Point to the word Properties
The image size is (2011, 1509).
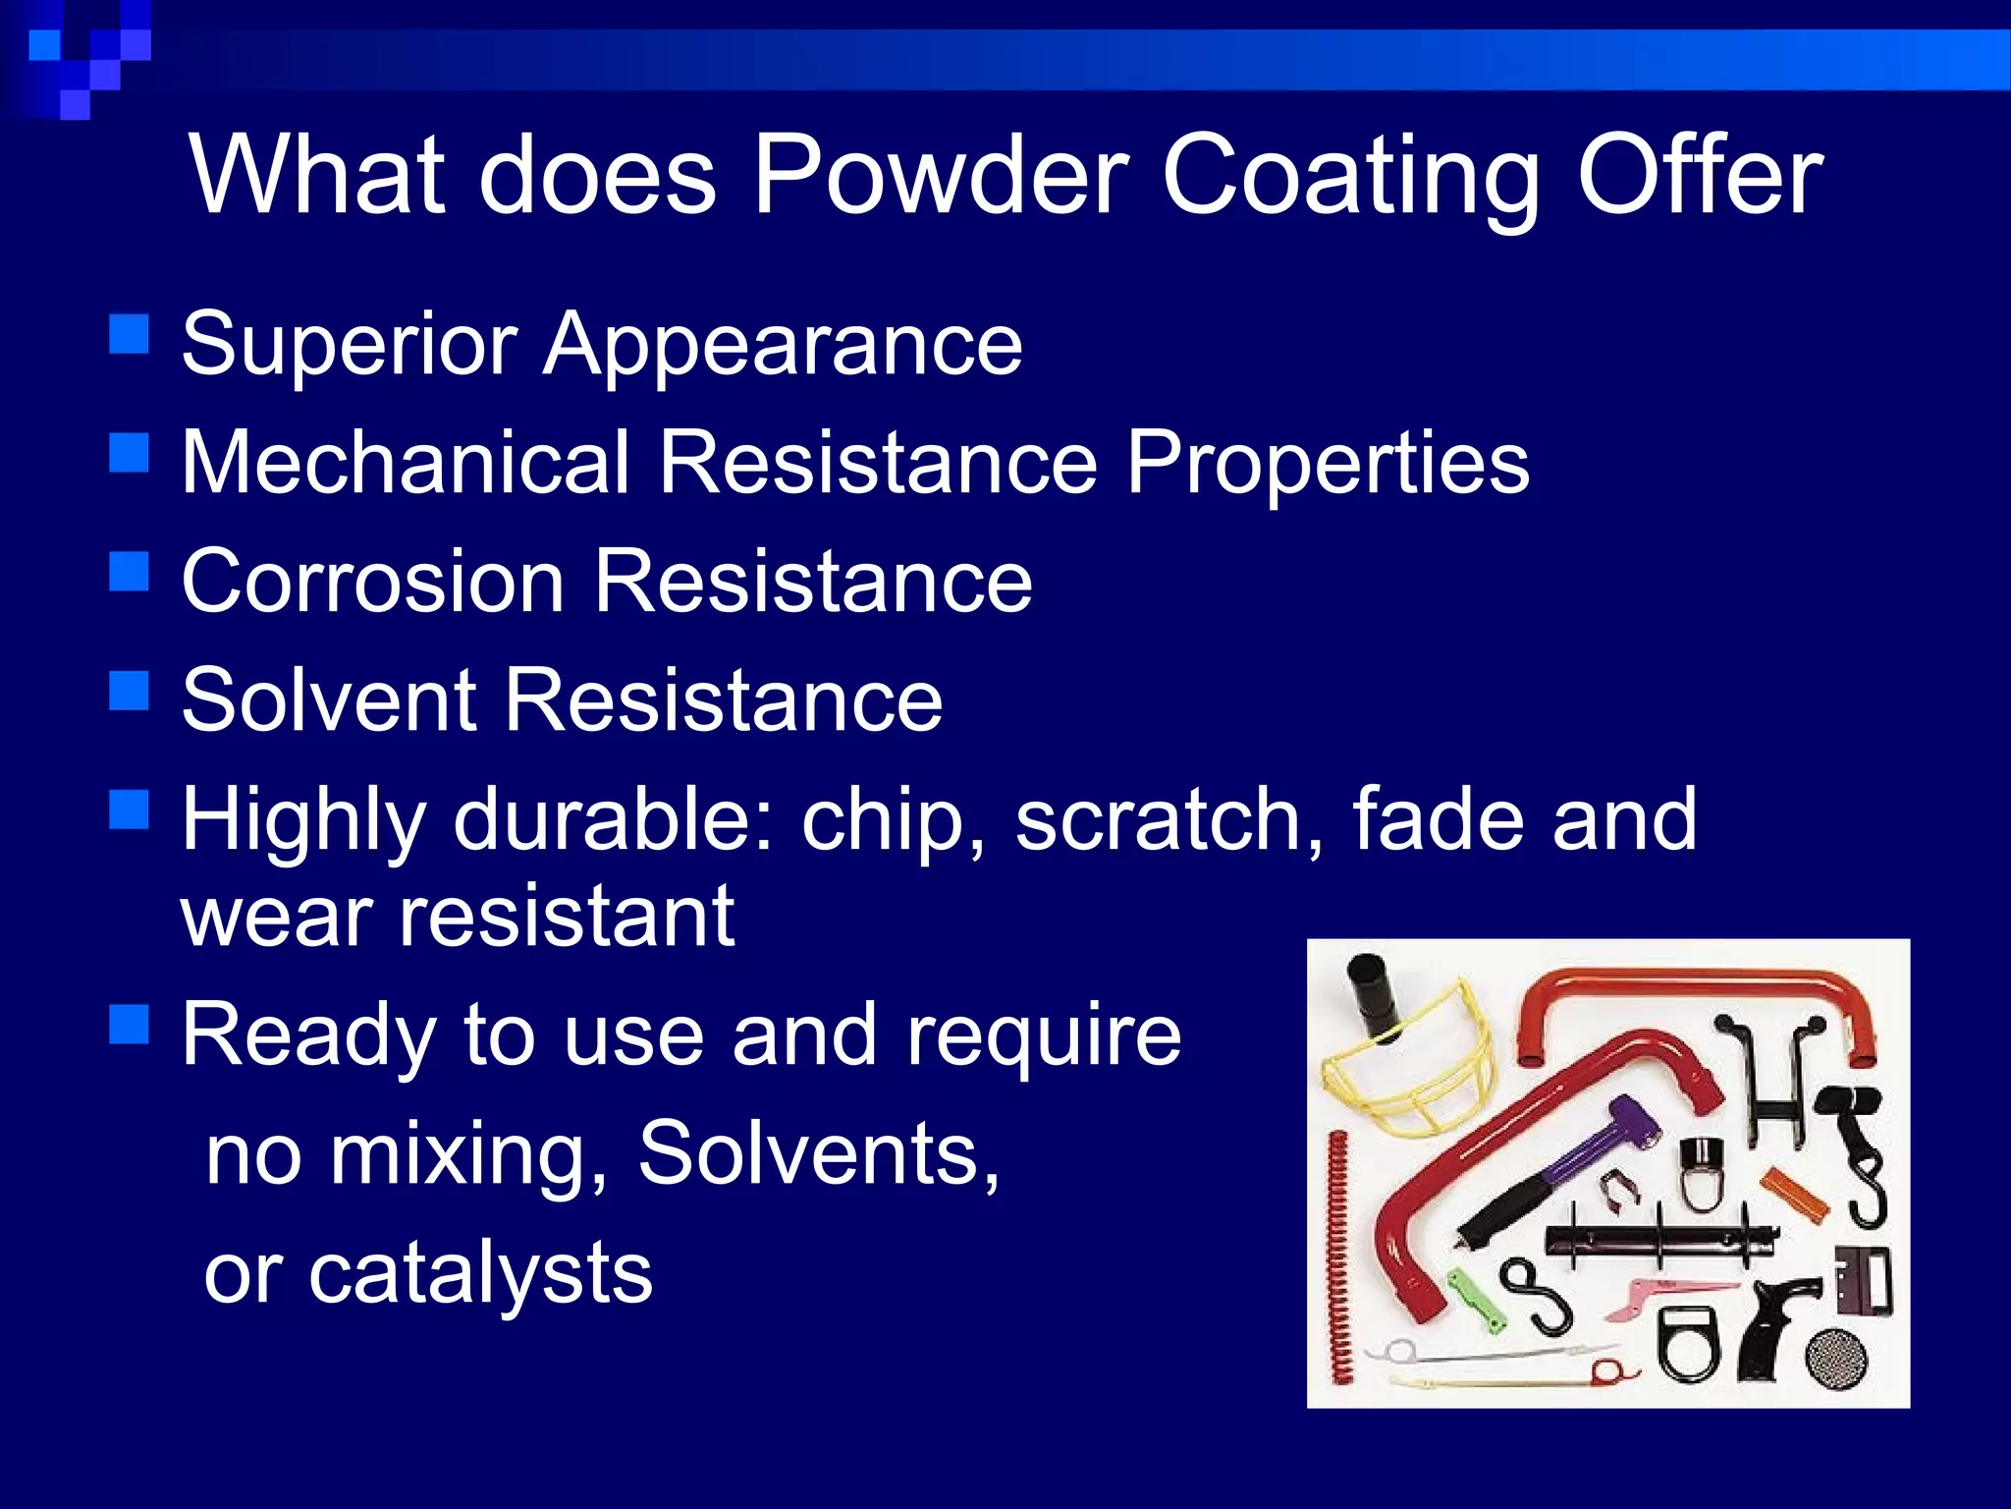(x=1327, y=464)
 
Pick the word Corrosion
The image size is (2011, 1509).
(x=373, y=582)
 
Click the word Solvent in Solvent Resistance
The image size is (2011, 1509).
(x=329, y=699)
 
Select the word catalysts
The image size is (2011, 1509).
(x=480, y=1273)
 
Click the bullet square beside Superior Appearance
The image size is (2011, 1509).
(x=129, y=334)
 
